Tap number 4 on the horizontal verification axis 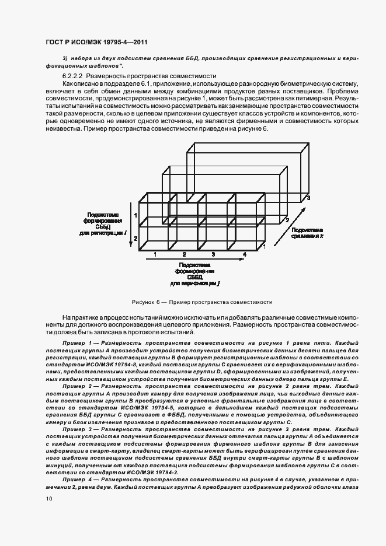[245, 255]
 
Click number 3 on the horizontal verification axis [213, 255]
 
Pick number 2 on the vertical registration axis [135, 239]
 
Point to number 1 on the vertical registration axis [135, 215]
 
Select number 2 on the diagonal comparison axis [286, 220]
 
